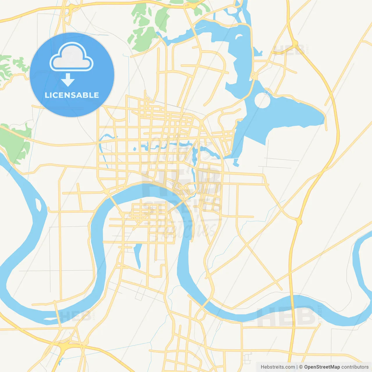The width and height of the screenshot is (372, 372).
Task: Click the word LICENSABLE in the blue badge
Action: pos(72,95)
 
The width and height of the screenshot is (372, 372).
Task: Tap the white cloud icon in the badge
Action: pos(71,57)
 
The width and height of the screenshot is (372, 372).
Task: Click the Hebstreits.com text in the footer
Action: pos(278,367)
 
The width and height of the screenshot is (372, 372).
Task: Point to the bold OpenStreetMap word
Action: pos(322,367)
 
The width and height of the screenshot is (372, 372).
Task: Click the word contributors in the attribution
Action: pos(355,367)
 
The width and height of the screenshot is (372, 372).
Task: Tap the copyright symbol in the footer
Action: pos(301,367)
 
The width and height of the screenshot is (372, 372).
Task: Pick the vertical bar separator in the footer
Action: pos(297,367)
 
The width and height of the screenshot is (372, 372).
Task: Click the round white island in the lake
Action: pos(262,101)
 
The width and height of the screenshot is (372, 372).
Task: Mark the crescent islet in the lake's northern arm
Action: pos(239,37)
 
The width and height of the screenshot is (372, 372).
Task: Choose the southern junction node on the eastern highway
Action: pos(299,222)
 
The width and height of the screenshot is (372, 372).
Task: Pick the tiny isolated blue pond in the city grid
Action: pos(135,149)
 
